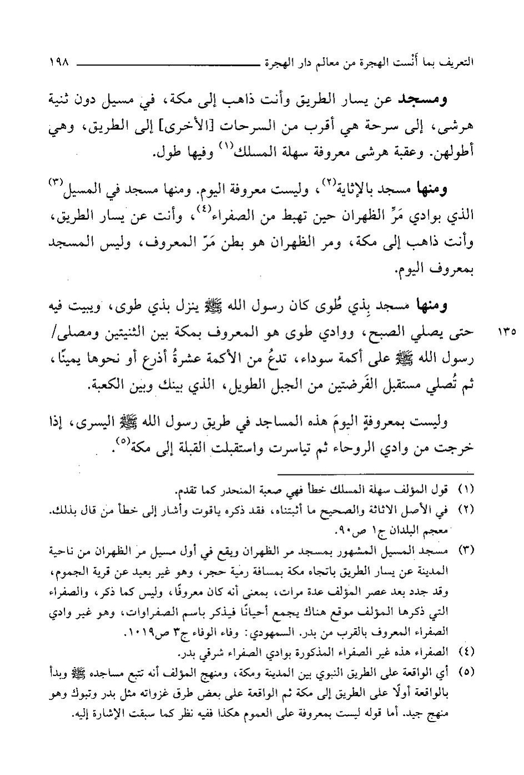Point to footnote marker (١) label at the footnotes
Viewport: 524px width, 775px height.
tap(465, 490)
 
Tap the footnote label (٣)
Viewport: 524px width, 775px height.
tap(465, 551)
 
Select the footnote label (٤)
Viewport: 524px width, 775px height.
tap(465, 651)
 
